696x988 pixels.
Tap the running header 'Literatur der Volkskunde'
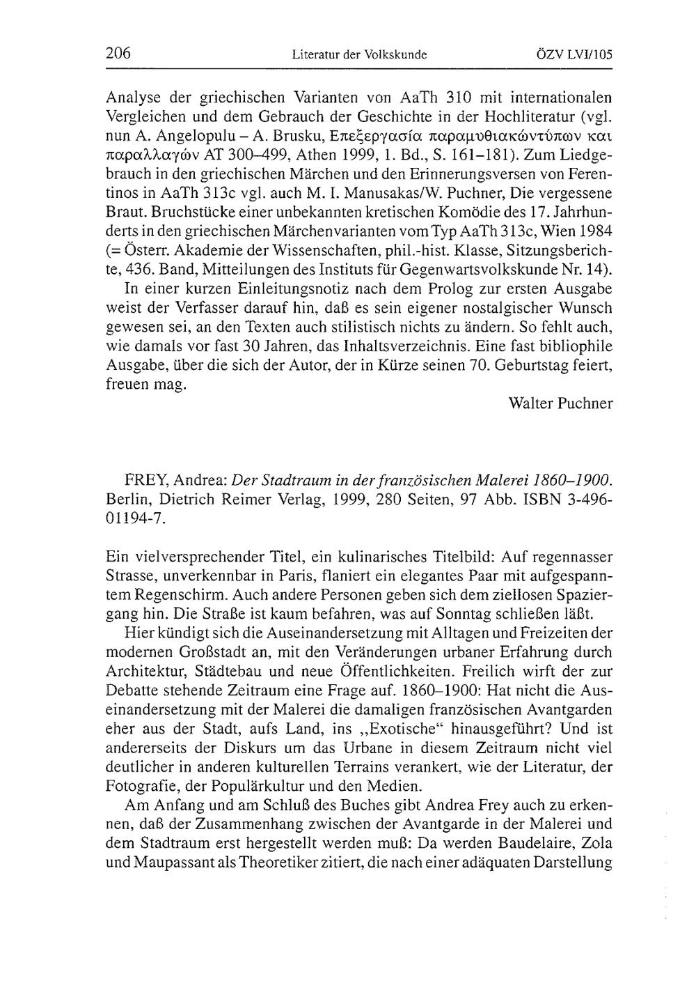coord(359,54)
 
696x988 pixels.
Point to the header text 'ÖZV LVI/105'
coord(578,54)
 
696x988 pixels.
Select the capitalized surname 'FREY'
coord(145,481)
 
